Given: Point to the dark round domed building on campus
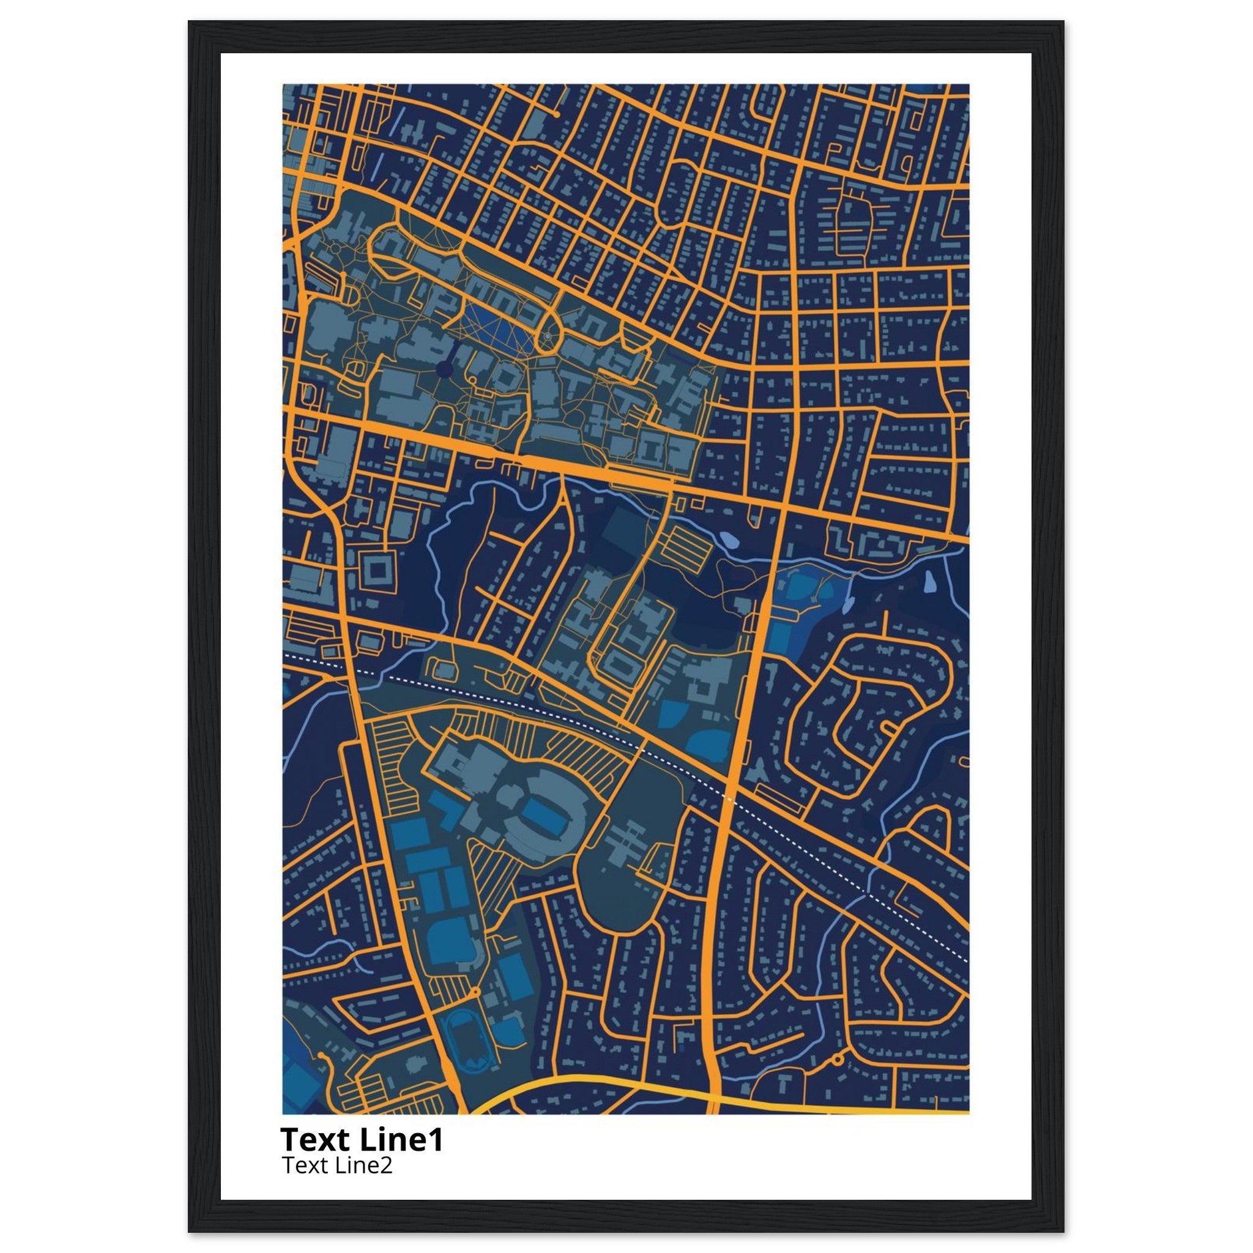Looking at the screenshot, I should tap(444, 369).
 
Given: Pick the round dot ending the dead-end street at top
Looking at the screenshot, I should tap(557, 114).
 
